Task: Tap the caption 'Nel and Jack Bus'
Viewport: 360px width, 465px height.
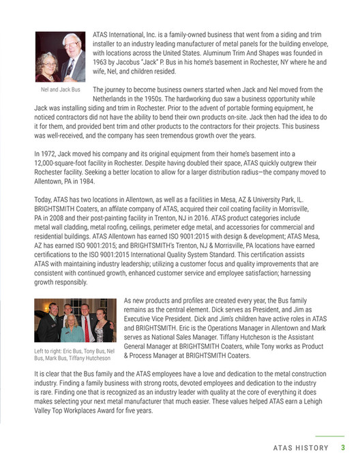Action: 59,90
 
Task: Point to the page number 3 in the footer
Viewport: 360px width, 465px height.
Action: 344,448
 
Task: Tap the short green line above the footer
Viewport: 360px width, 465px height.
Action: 330,436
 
